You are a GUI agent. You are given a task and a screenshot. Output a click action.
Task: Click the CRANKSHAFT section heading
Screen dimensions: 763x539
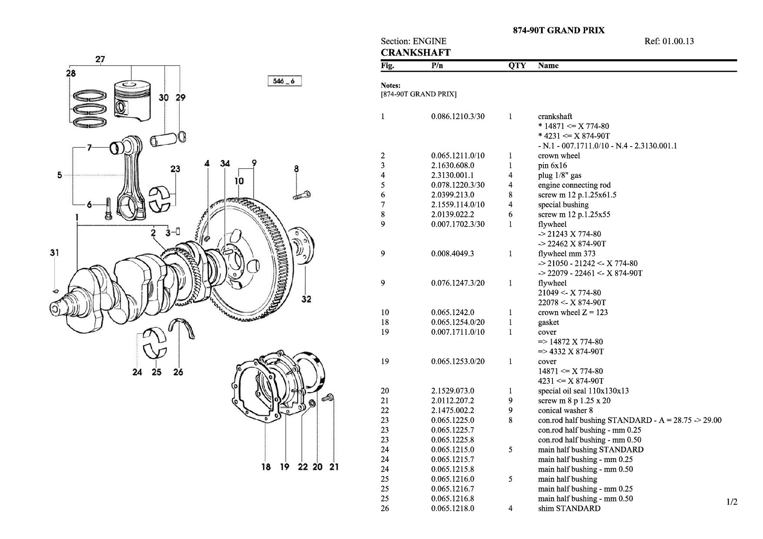(x=415, y=53)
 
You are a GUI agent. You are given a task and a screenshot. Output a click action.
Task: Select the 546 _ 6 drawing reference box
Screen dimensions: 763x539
(x=284, y=81)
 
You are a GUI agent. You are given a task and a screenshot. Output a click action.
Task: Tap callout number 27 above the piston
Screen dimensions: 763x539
(x=100, y=59)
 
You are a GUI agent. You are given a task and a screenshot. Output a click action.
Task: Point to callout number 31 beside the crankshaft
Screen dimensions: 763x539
(x=54, y=252)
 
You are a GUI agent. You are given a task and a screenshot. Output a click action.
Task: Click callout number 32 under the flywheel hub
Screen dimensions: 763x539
(x=306, y=299)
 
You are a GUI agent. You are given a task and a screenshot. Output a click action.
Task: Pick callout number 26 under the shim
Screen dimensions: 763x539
(x=178, y=372)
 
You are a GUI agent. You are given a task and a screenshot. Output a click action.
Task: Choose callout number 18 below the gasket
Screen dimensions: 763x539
(x=266, y=467)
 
